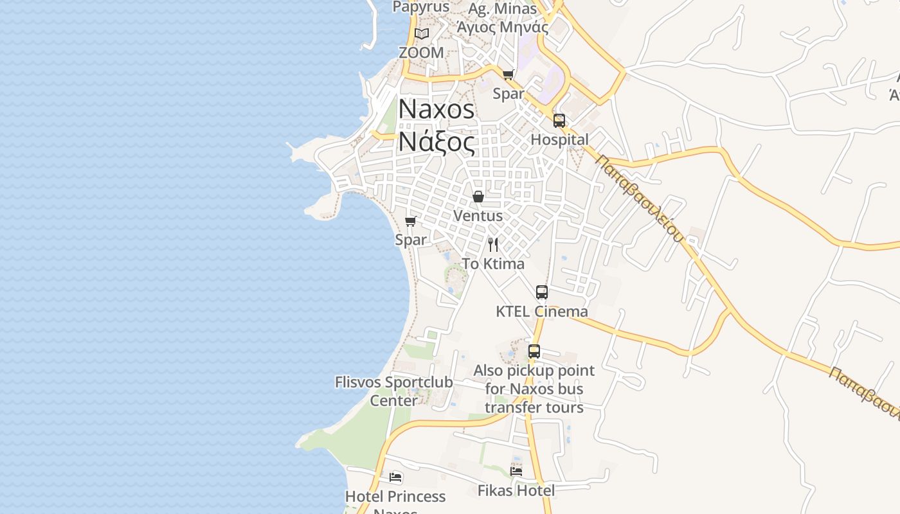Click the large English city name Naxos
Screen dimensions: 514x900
437,109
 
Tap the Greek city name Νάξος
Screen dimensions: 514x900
437,142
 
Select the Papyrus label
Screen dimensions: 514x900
421,7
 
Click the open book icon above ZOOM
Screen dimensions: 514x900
421,33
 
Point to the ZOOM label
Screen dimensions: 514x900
421,53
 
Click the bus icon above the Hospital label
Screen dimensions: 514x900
559,121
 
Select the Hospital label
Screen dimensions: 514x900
559,139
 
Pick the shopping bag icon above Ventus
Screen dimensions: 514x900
478,197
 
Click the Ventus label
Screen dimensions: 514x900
478,216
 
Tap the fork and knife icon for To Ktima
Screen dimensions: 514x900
493,244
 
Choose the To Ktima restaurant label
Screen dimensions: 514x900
493,263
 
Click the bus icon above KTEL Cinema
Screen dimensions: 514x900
542,292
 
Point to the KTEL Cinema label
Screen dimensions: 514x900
541,312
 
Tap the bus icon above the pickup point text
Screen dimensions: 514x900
534,351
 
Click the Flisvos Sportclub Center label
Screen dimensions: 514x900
394,391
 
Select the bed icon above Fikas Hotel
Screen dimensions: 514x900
516,471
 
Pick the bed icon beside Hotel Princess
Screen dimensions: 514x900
395,477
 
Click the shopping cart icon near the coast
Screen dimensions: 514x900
410,221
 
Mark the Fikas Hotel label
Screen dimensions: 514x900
516,491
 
